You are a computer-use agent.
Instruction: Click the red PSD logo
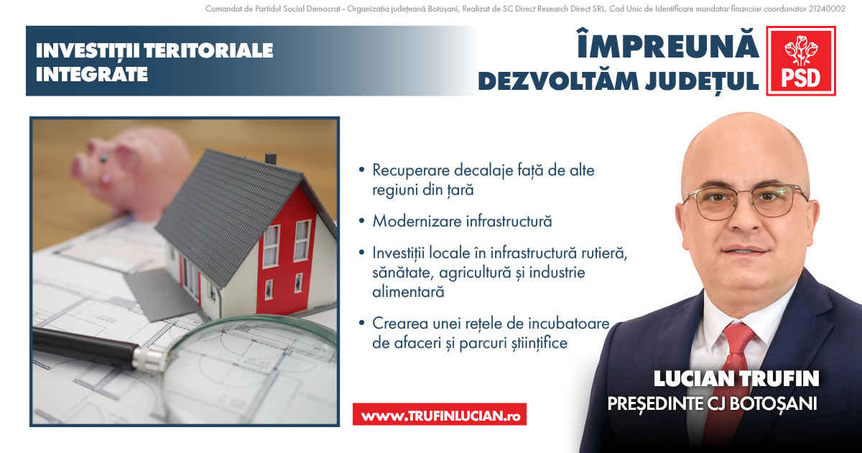point(801,60)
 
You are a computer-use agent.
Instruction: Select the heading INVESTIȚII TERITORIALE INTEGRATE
point(154,62)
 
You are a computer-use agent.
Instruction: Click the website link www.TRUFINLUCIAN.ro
point(440,416)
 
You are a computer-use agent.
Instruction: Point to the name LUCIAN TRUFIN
point(736,379)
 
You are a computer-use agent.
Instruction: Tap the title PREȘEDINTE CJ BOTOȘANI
point(713,403)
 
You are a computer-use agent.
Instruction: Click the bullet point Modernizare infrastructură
point(462,221)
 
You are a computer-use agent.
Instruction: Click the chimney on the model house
point(271,158)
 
